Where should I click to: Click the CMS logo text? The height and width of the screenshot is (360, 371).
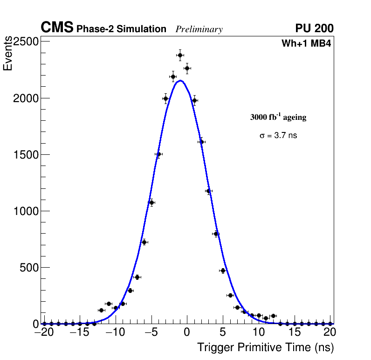[57, 28]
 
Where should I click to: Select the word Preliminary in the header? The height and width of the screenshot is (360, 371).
[199, 29]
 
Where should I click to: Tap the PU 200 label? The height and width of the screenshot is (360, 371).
[314, 28]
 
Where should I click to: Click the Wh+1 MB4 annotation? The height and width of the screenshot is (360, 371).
[306, 44]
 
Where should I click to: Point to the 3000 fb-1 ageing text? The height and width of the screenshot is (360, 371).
[278, 118]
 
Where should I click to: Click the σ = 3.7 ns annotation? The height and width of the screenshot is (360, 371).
[278, 136]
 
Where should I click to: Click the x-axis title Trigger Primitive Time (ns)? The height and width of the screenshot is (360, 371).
[265, 347]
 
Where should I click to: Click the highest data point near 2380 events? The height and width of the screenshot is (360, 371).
[180, 55]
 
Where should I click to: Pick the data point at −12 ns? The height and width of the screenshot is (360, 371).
[101, 310]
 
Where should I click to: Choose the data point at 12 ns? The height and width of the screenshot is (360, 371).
[273, 316]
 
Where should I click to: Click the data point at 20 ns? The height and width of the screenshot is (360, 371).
[330, 323]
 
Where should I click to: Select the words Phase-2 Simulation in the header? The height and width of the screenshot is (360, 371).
[121, 29]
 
